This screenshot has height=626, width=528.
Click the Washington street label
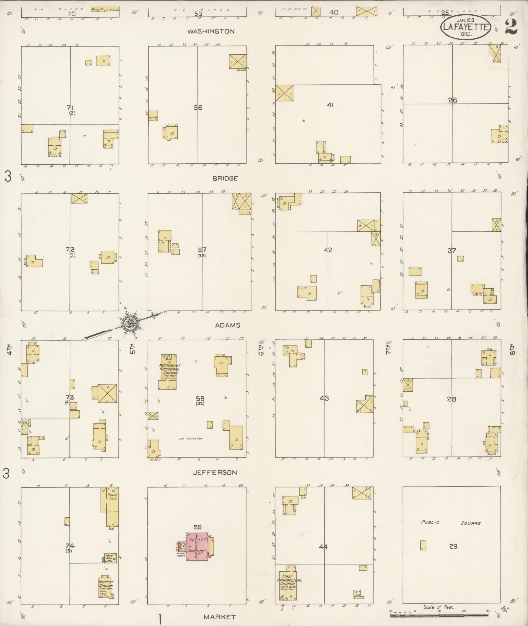point(211,31)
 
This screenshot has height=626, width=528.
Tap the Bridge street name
point(225,178)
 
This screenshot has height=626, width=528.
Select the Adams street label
point(228,325)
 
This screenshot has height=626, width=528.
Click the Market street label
point(219,617)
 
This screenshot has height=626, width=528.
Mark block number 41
point(330,105)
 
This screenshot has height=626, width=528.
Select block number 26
point(452,100)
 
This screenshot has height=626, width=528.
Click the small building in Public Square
point(423,545)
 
